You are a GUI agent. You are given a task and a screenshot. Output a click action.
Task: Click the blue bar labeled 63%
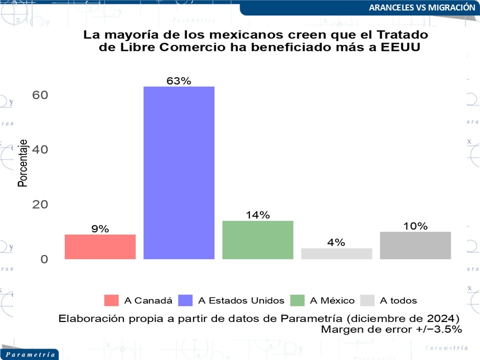tap(179, 172)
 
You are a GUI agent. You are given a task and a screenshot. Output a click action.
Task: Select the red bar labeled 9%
tap(100, 246)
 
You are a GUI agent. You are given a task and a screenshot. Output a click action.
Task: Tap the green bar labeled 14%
tap(257, 240)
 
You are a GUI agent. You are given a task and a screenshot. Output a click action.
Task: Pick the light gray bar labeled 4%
tap(336, 253)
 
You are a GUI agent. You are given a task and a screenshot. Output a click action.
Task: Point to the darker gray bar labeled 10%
tap(415, 245)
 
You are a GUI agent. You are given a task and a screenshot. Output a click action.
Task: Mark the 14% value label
tap(257, 215)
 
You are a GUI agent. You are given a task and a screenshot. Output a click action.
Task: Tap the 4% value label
tap(336, 242)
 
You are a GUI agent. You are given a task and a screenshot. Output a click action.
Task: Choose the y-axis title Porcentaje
tap(22, 163)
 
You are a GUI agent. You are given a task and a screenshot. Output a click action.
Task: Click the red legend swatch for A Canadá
tap(111, 300)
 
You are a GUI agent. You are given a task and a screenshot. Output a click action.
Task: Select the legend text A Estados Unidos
tap(241, 300)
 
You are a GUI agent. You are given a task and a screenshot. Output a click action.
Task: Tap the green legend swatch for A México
tap(297, 300)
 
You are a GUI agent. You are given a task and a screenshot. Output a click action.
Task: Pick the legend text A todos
tap(398, 300)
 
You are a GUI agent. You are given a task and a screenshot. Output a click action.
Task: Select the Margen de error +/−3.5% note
tap(391, 329)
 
